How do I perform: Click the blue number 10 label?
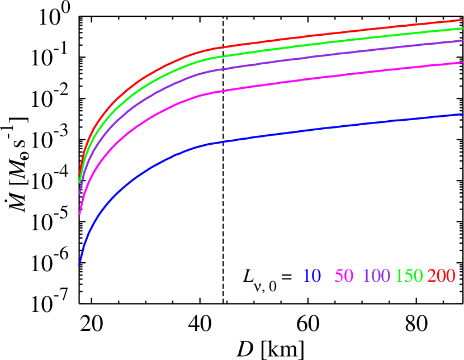click(312, 276)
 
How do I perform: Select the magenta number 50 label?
click(344, 276)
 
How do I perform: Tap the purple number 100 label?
click(376, 276)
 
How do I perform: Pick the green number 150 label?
click(409, 276)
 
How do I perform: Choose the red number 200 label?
click(442, 276)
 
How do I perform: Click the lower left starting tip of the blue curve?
click(79, 263)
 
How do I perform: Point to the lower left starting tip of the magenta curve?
click(79, 214)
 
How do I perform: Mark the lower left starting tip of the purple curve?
click(79, 193)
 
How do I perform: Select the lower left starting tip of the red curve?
click(79, 175)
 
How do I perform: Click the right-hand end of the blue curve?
click(462, 114)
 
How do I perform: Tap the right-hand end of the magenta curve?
click(462, 63)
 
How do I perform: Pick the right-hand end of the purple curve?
click(462, 41)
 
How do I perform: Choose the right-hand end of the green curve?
click(462, 28)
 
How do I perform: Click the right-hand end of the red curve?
click(462, 20)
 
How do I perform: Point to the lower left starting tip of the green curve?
click(79, 182)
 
